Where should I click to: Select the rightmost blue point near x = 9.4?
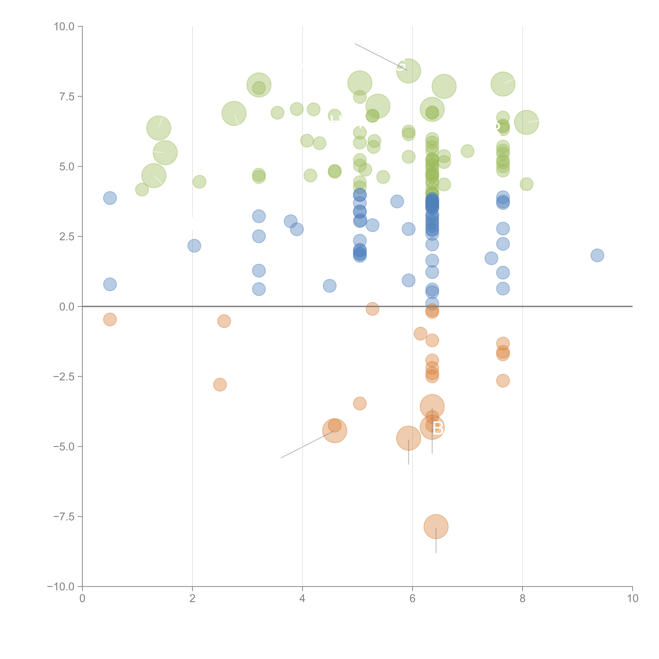[597, 255]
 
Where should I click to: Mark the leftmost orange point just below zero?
[110, 319]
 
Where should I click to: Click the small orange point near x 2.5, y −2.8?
[220, 385]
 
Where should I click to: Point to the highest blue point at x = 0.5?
[110, 198]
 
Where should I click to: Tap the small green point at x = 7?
[467, 151]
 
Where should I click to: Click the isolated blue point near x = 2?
[194, 246]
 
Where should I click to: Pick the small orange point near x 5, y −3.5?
[360, 404]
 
